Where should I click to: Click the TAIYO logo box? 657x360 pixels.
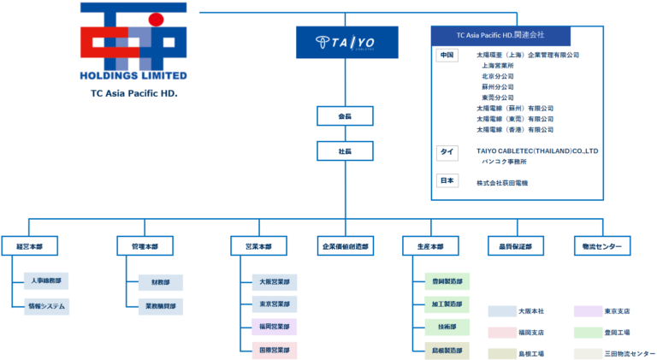click(x=346, y=42)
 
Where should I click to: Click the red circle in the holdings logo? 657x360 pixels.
click(x=155, y=18)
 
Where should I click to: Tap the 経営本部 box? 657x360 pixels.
click(x=29, y=246)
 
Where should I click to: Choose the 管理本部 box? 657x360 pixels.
click(x=145, y=246)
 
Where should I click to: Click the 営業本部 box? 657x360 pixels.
click(x=258, y=246)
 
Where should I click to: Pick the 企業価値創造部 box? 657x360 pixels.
click(x=346, y=246)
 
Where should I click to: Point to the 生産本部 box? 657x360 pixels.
click(x=430, y=246)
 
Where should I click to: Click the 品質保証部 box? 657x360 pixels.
click(x=516, y=246)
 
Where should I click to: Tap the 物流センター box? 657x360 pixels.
click(x=601, y=246)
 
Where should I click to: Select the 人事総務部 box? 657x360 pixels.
click(x=47, y=280)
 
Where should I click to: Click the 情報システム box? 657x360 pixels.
click(x=47, y=305)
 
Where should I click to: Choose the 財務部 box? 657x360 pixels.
click(x=160, y=280)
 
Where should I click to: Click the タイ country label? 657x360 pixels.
click(x=447, y=151)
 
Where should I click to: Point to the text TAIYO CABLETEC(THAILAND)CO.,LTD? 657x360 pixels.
click(x=536, y=150)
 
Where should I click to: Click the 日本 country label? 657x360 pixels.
click(x=447, y=182)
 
